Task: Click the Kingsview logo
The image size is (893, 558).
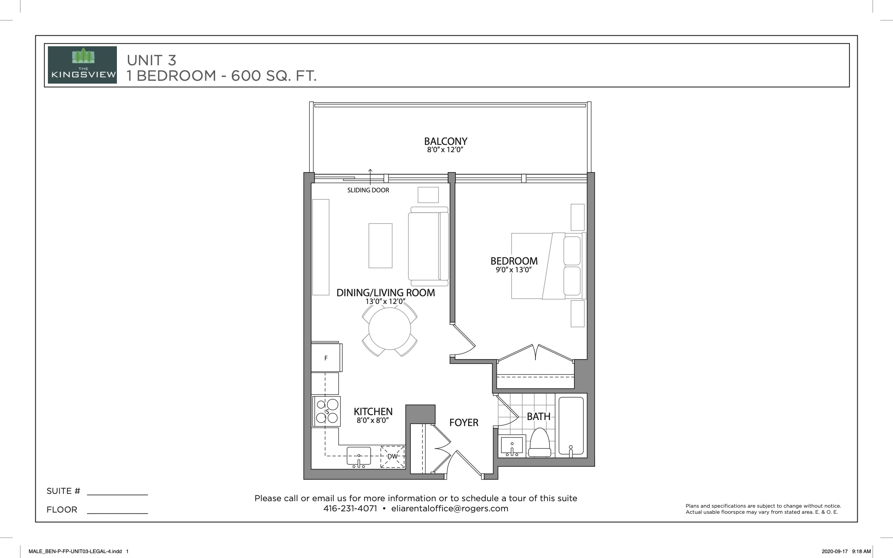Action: (82, 65)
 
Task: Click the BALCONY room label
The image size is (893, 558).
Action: (446, 141)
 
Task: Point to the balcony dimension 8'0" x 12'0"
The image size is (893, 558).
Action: (445, 150)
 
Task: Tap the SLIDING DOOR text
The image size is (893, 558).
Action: (368, 190)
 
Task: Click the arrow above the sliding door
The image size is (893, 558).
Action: (370, 176)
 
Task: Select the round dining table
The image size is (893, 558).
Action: (390, 329)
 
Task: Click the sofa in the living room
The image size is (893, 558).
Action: (429, 246)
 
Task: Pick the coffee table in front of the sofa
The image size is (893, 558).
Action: (380, 246)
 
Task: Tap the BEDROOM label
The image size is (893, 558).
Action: (514, 261)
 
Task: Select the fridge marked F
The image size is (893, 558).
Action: (326, 357)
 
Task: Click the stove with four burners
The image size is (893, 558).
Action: (326, 411)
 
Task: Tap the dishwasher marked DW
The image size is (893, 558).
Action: (392, 457)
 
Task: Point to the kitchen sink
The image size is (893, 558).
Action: (359, 457)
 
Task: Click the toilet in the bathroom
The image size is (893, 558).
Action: (539, 443)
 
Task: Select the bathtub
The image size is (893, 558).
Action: (571, 426)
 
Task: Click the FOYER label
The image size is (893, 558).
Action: (464, 423)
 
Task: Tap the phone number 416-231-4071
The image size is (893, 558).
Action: (350, 509)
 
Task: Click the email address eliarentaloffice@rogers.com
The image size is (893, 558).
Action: (450, 509)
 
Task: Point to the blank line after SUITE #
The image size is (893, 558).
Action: (117, 495)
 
